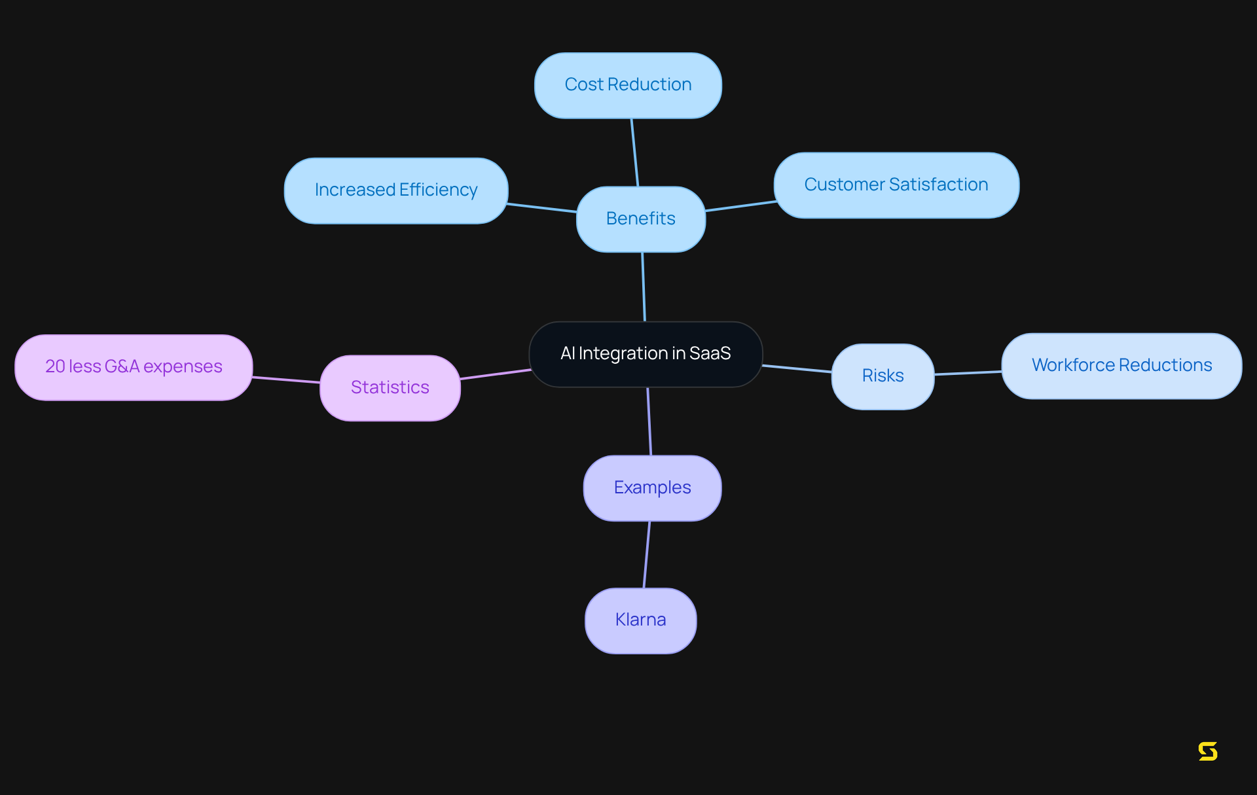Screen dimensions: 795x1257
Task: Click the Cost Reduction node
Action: [x=628, y=85]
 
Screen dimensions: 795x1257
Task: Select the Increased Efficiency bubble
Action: [x=395, y=190]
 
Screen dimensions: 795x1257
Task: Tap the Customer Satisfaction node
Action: [x=896, y=185]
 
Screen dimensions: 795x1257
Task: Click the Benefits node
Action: [x=640, y=219]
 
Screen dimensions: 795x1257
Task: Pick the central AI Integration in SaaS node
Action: [x=645, y=354]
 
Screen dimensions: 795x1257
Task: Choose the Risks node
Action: [x=882, y=376]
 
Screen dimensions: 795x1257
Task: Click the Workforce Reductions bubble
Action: [x=1121, y=366]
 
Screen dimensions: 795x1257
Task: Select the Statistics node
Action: [x=390, y=388]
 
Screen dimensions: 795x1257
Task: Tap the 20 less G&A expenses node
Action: [x=134, y=367]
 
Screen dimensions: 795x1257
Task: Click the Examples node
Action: [x=652, y=488]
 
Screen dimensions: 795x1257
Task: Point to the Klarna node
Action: [x=640, y=620]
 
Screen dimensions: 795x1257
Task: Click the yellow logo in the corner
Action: [x=1207, y=751]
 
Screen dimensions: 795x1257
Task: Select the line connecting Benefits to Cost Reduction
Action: [x=634, y=152]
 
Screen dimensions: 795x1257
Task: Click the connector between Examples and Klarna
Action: [x=647, y=554]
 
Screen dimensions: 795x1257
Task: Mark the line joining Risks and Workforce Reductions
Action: [x=968, y=373]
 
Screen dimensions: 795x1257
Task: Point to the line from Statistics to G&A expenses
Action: [x=286, y=380]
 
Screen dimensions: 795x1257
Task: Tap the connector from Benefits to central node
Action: [x=644, y=287]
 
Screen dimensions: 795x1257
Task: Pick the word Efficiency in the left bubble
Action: [x=438, y=190]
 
